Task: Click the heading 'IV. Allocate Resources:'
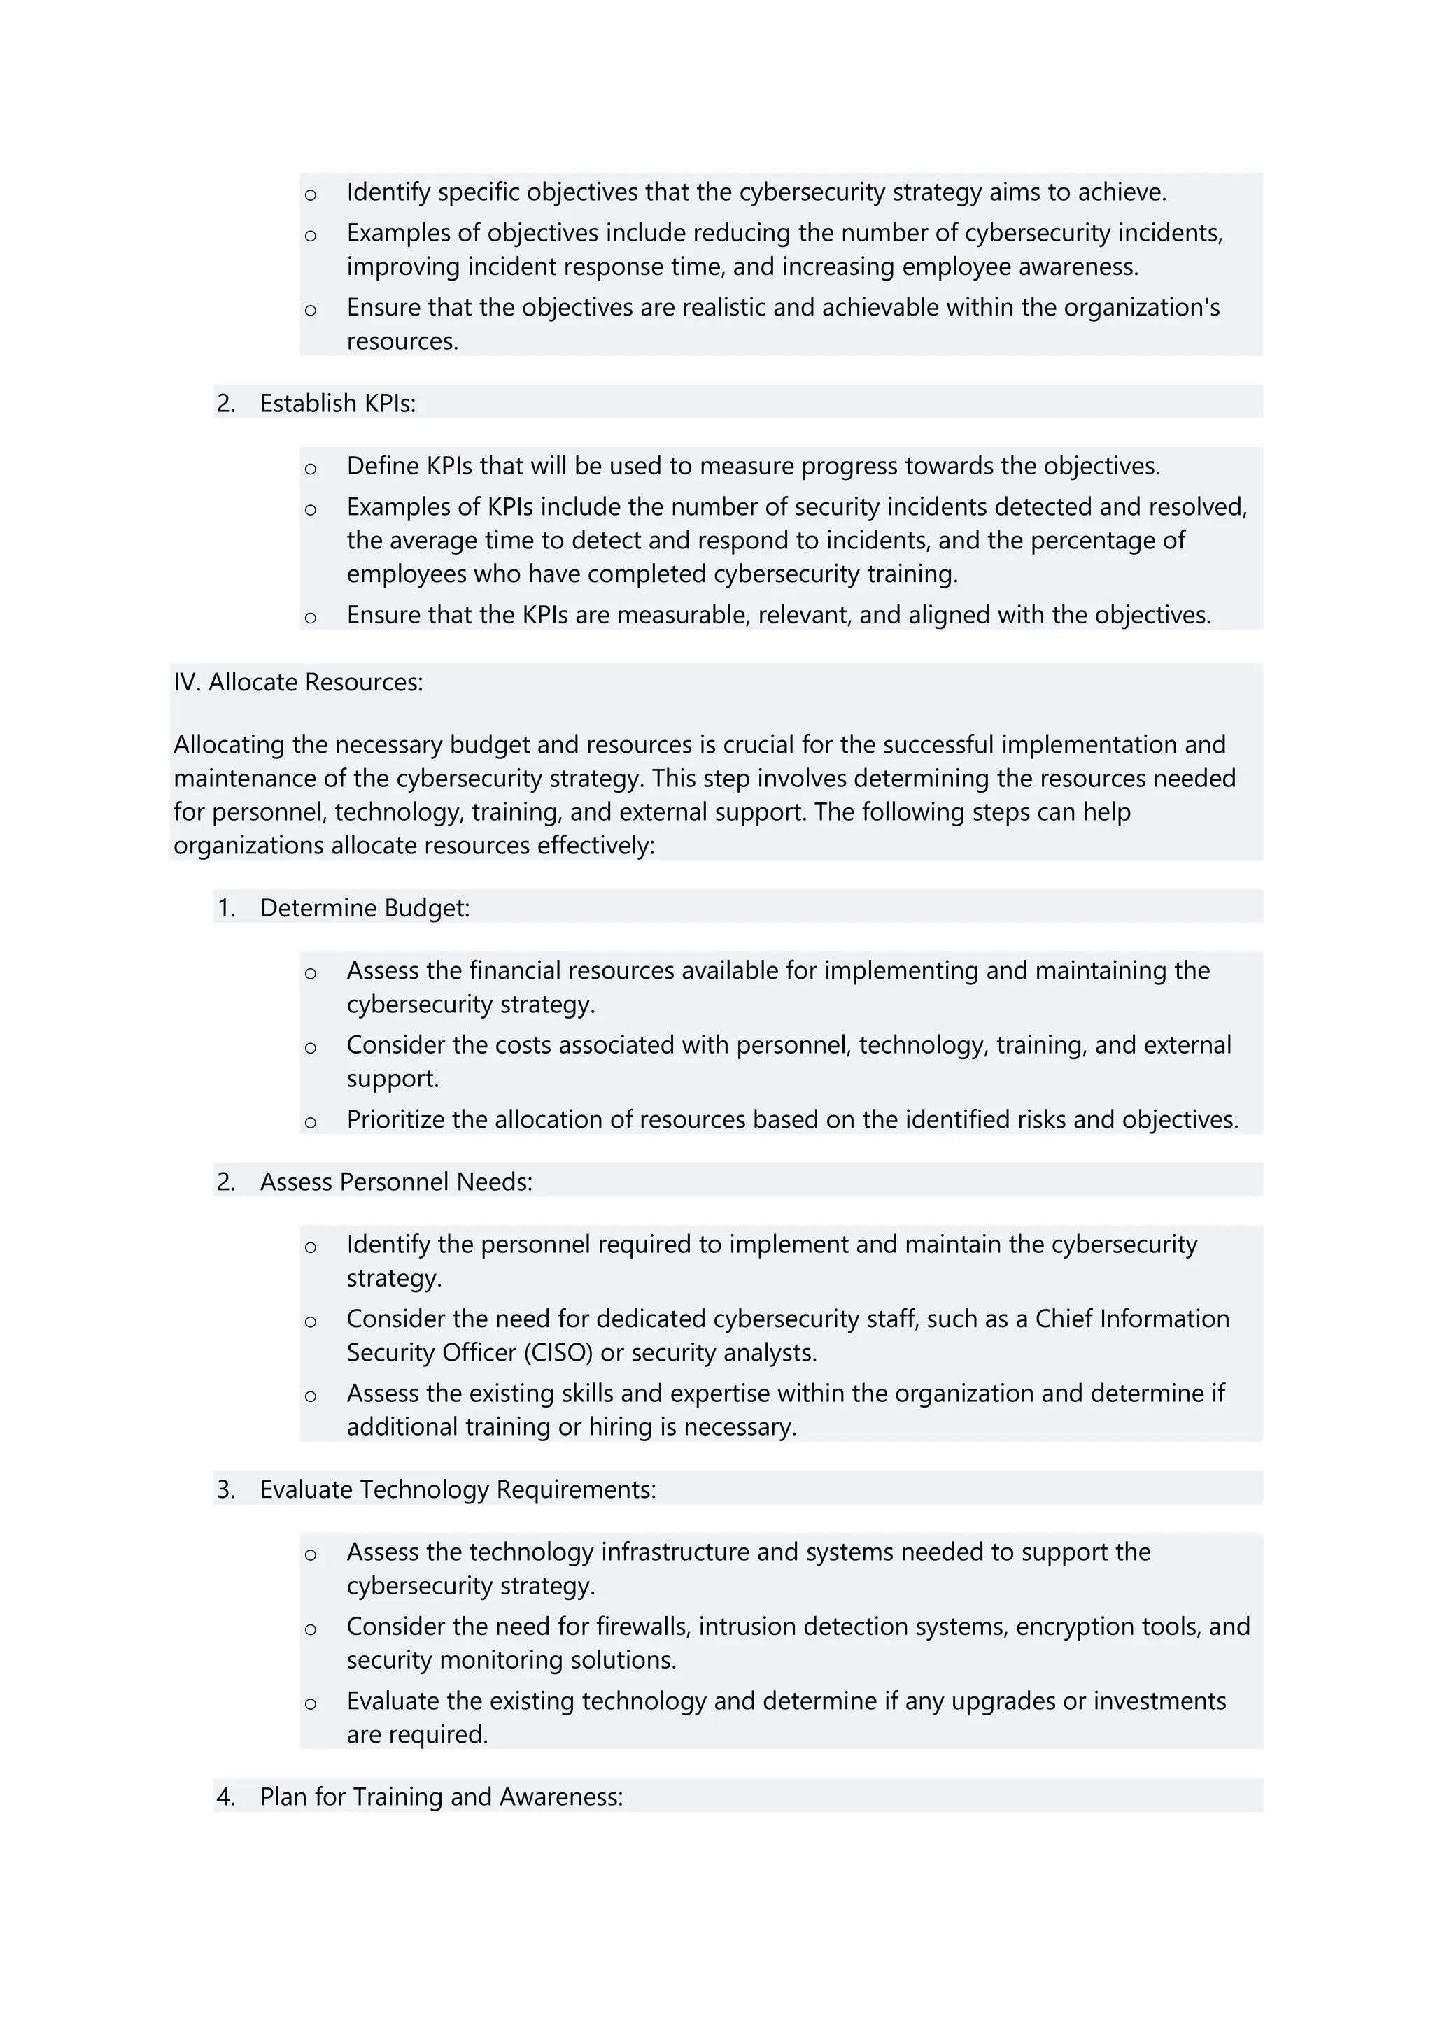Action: [x=297, y=682]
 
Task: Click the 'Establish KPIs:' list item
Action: [x=337, y=403]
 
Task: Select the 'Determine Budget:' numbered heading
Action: [x=365, y=908]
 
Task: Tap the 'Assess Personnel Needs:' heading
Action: [x=396, y=1182]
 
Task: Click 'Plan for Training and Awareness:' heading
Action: [x=442, y=1797]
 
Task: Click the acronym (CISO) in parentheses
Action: [x=561, y=1353]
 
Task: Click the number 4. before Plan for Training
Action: [x=226, y=1797]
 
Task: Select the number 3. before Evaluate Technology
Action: [x=226, y=1489]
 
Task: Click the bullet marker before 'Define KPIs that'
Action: [x=311, y=469]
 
